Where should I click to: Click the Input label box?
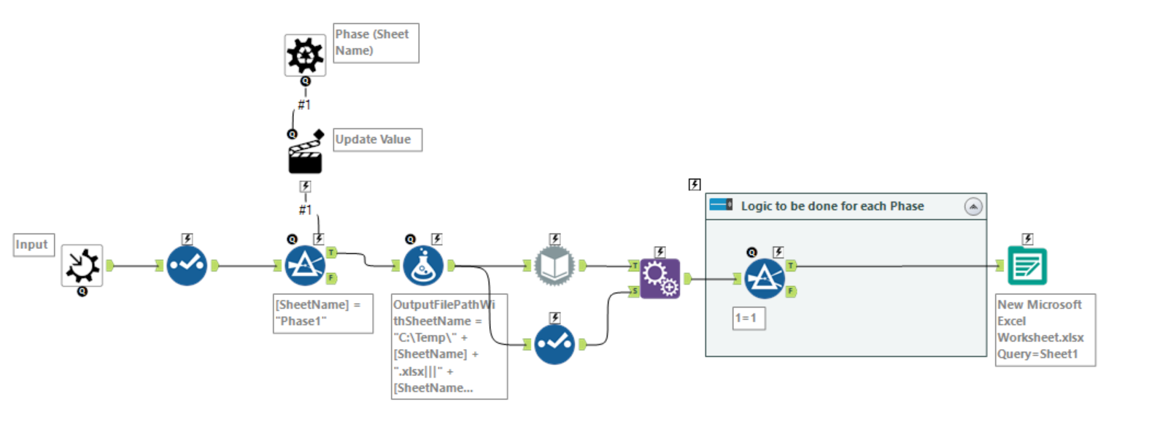pyautogui.click(x=34, y=245)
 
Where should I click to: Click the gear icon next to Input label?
pyautogui.click(x=82, y=266)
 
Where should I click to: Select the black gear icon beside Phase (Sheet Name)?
pyautogui.click(x=305, y=55)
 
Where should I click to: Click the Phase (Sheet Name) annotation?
pyautogui.click(x=375, y=42)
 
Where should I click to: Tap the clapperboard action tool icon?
pyautogui.click(x=305, y=156)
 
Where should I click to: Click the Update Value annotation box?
pyautogui.click(x=376, y=139)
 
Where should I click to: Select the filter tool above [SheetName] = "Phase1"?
pyautogui.click(x=304, y=266)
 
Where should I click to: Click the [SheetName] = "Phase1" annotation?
pyautogui.click(x=322, y=313)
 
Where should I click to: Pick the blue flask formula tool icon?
pyautogui.click(x=423, y=266)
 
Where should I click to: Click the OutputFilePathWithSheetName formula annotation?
pyautogui.click(x=448, y=346)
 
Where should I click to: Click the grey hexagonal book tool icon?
pyautogui.click(x=554, y=266)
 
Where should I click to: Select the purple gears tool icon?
pyautogui.click(x=660, y=278)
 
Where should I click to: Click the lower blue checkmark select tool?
pyautogui.click(x=554, y=345)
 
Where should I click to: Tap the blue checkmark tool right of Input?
pyautogui.click(x=187, y=266)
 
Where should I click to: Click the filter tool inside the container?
pyautogui.click(x=764, y=278)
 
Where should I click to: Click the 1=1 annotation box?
pyautogui.click(x=749, y=318)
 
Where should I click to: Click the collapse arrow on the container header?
pyautogui.click(x=973, y=207)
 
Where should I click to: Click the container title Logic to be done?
pyautogui.click(x=832, y=207)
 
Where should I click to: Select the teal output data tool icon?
pyautogui.click(x=1027, y=266)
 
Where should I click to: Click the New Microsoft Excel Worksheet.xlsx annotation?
pyautogui.click(x=1044, y=329)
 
